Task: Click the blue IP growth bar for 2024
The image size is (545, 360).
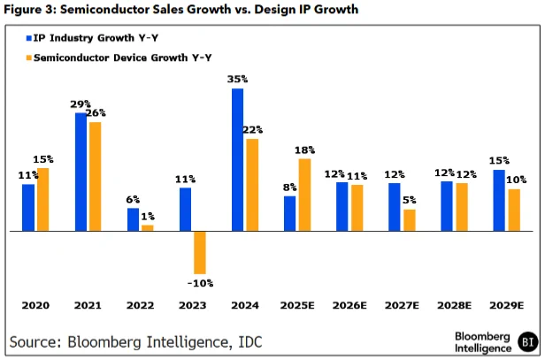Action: [x=237, y=159]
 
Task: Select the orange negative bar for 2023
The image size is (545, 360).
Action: [x=200, y=253]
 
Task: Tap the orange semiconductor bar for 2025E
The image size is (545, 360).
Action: [x=304, y=195]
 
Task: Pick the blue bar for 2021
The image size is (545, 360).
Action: [x=81, y=172]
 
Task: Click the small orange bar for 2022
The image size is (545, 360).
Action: [x=148, y=228]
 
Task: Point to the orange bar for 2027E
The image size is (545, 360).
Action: [x=410, y=220]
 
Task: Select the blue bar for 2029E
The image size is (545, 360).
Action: [x=499, y=201]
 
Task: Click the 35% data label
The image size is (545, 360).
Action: [x=238, y=80]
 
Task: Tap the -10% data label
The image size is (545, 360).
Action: [x=200, y=283]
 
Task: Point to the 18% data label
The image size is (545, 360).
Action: [x=305, y=150]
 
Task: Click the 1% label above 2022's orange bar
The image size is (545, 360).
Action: [x=148, y=217]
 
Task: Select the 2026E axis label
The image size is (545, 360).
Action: [x=349, y=305]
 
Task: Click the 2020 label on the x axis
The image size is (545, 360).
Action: [x=35, y=305]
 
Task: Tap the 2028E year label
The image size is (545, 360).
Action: [x=454, y=305]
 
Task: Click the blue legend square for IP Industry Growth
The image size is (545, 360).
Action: [x=29, y=38]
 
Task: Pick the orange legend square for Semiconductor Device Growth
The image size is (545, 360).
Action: [x=29, y=57]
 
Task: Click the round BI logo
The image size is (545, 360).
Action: [x=527, y=342]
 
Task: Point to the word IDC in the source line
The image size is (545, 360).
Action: [x=249, y=342]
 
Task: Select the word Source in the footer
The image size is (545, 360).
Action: [x=35, y=342]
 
